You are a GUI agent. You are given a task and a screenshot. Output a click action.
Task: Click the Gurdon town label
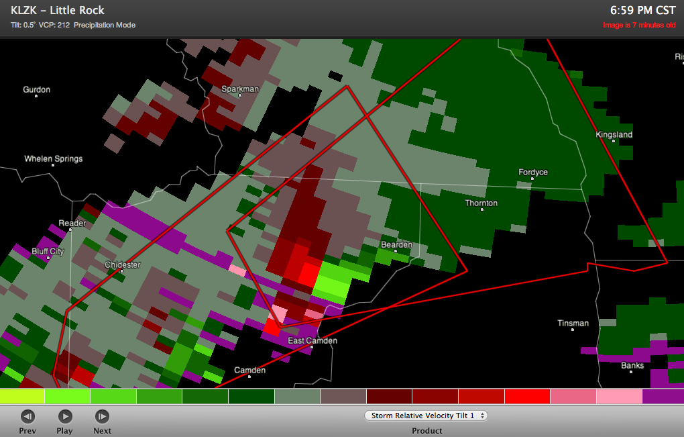tap(36, 90)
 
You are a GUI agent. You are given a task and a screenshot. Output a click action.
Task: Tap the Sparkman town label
tap(239, 89)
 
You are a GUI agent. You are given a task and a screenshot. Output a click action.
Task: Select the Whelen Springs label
tap(54, 159)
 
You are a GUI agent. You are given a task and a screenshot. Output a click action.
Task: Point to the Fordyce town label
tap(533, 173)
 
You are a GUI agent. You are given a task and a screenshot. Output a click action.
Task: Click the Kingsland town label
tap(614, 135)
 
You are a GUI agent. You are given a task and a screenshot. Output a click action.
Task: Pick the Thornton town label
tap(481, 203)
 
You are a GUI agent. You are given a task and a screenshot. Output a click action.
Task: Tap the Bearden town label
tap(396, 245)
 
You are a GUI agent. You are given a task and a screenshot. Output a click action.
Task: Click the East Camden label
tap(312, 341)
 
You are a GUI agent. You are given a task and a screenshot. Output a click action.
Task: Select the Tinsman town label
tap(573, 324)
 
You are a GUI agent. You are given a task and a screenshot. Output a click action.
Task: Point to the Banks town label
tap(632, 366)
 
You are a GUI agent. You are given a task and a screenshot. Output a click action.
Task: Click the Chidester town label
tap(123, 265)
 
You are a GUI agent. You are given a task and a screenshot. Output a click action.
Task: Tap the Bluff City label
tap(48, 252)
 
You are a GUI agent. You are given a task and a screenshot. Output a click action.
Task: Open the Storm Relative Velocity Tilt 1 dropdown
tap(427, 416)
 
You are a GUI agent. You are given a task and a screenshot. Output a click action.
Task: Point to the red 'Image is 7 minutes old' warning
tap(639, 26)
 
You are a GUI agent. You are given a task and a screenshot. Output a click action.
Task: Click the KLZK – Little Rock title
tap(58, 11)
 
